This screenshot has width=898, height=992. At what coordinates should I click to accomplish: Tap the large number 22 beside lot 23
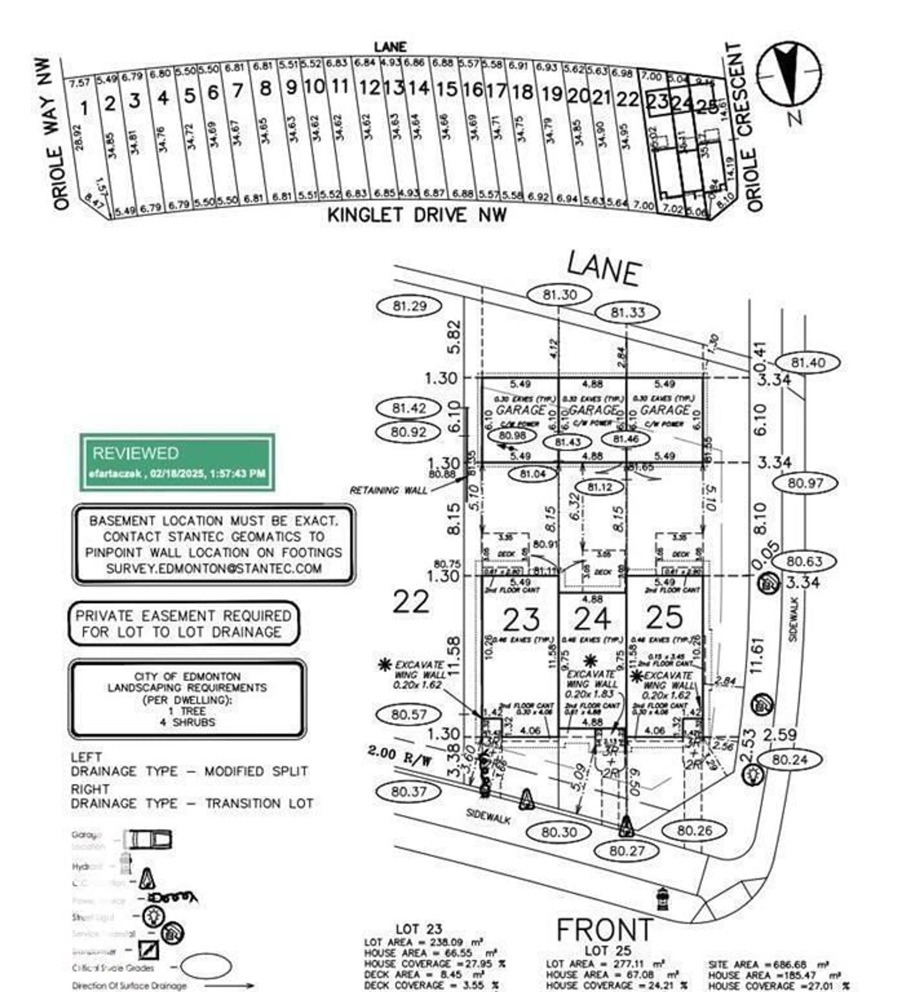[x=411, y=601]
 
